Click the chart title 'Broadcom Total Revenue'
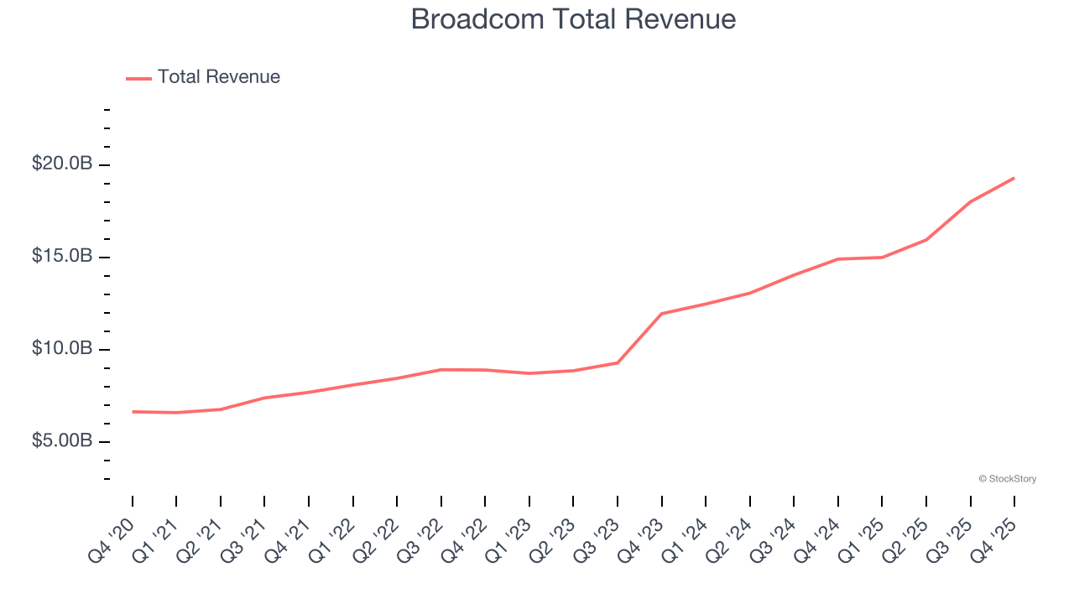click(573, 19)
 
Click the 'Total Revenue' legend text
click(218, 77)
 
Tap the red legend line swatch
click(138, 78)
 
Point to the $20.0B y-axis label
click(62, 164)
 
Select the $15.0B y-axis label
click(62, 256)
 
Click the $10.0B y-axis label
click(62, 348)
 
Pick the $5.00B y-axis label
click(62, 440)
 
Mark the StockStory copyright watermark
click(1007, 479)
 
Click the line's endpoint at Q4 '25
click(1014, 178)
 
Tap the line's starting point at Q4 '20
click(133, 412)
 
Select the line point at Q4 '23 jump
click(662, 314)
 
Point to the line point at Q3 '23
click(618, 362)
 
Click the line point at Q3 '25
click(970, 201)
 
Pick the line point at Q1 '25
click(882, 258)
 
